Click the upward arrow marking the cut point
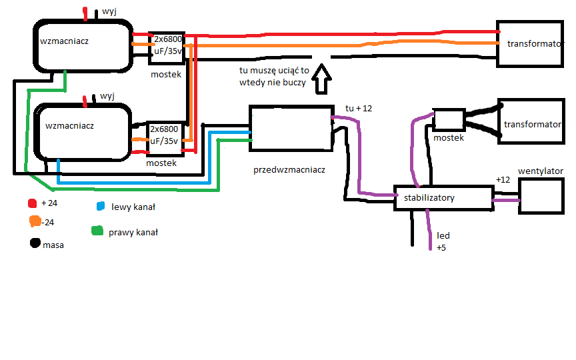point(321,79)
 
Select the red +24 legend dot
point(32,203)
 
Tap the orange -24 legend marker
point(35,221)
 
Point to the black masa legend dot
point(35,243)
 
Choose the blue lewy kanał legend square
point(100,206)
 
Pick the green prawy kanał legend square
point(97,231)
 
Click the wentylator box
point(541,196)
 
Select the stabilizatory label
point(429,197)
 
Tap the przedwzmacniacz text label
point(289,170)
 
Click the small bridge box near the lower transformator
point(449,120)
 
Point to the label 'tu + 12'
point(359,109)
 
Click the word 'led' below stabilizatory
point(443,235)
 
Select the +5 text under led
point(441,247)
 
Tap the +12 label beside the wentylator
point(503,179)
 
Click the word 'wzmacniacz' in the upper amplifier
point(64,41)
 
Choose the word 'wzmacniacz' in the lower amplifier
point(69,125)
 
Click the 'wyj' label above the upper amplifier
point(109,12)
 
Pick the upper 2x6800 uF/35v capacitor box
point(167,48)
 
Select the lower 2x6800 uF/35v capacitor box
point(165,138)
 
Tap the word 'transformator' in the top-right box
point(535,44)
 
